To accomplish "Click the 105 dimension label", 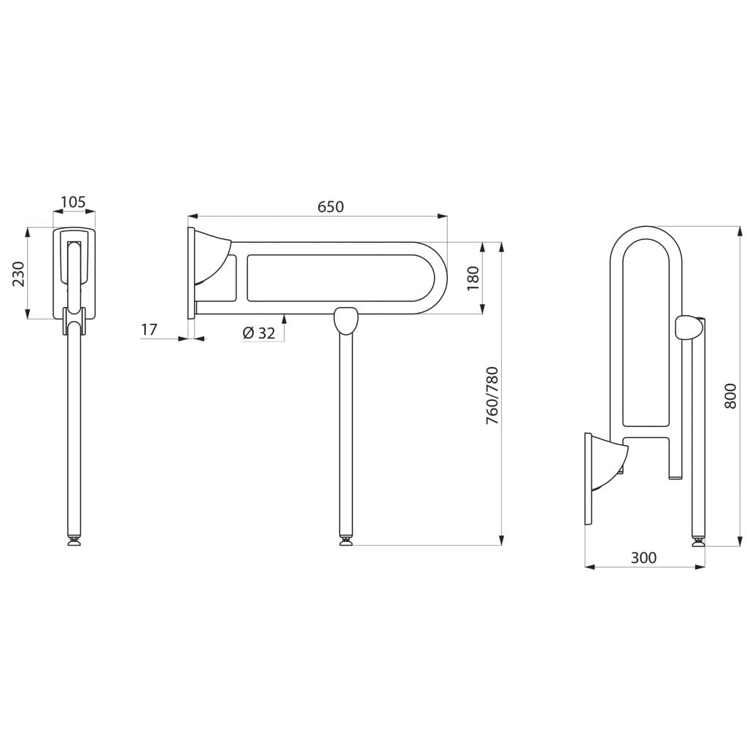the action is coord(74,202).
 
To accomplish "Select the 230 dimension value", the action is coord(18,274).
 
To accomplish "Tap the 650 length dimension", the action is coord(330,206).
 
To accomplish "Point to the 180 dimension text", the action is coord(473,278).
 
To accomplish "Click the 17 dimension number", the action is coord(149,329).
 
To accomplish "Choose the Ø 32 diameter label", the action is coord(259,333).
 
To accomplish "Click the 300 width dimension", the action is coord(643,557).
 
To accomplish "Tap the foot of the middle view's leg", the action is coord(346,541).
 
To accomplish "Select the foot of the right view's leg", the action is coord(698,541).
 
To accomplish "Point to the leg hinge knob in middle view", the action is coord(346,320).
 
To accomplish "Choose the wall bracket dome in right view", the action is coord(610,465).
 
